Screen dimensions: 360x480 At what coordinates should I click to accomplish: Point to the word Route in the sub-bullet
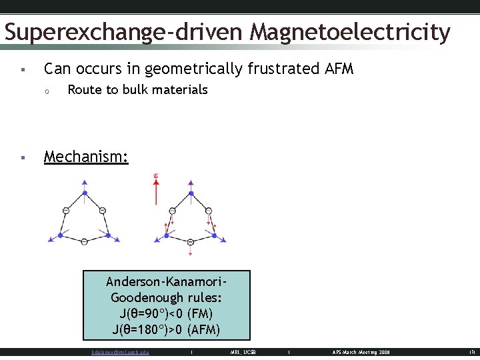(84, 89)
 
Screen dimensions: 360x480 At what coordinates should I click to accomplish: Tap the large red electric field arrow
(156, 190)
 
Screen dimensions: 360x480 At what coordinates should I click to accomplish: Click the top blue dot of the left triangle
(85, 193)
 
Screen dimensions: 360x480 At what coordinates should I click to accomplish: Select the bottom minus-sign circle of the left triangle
(85, 242)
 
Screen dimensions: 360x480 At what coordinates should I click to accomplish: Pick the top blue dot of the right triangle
(191, 193)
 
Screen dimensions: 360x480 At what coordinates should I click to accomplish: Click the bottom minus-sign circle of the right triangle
(191, 242)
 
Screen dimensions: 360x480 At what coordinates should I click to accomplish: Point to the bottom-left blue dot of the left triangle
(60, 235)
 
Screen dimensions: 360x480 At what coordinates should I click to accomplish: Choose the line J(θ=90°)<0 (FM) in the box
(167, 313)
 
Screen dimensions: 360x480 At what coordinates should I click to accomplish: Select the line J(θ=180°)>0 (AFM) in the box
(167, 329)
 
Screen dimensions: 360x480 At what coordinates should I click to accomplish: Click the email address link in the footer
(120, 352)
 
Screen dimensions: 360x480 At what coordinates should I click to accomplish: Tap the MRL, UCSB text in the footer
(243, 352)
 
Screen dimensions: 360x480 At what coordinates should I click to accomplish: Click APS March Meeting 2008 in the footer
(361, 352)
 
